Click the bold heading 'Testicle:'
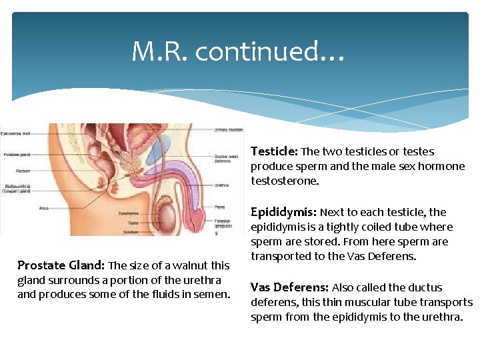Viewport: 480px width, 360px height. [274, 151]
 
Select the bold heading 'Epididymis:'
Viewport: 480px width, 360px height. [283, 212]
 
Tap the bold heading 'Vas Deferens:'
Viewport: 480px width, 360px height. [289, 287]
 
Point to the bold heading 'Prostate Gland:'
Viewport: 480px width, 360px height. [61, 265]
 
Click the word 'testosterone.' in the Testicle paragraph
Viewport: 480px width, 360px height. [285, 181]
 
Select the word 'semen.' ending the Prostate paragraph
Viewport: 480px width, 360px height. [213, 295]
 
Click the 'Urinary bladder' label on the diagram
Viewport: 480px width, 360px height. [228, 129]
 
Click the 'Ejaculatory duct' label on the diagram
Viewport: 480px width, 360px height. [16, 133]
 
